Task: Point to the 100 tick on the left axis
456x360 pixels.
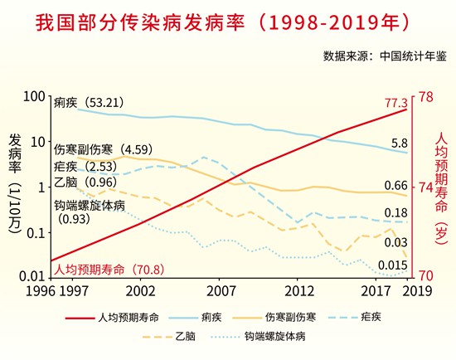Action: pos(32,97)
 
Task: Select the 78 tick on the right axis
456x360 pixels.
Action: pos(424,97)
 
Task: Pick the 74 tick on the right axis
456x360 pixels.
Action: pos(424,187)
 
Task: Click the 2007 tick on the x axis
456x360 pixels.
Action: pos(221,291)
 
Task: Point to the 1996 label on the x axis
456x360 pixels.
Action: pos(17,291)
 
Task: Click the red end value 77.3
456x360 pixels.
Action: pos(396,104)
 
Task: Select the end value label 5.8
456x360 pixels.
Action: pos(399,144)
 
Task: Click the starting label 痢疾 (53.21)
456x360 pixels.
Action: pos(89,103)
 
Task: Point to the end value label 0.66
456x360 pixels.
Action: pos(396,185)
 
